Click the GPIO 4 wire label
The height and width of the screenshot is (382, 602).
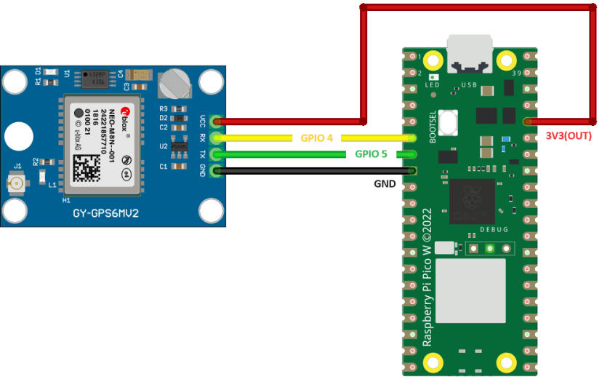click(317, 138)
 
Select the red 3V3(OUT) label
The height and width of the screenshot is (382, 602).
click(569, 136)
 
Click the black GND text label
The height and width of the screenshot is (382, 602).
click(385, 184)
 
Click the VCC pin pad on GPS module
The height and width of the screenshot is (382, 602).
click(215, 121)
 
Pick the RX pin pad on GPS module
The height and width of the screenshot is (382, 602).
click(215, 138)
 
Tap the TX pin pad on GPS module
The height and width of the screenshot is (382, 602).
click(215, 154)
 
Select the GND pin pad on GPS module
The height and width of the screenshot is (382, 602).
click(215, 171)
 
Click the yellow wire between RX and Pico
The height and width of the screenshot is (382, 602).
click(262, 138)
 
